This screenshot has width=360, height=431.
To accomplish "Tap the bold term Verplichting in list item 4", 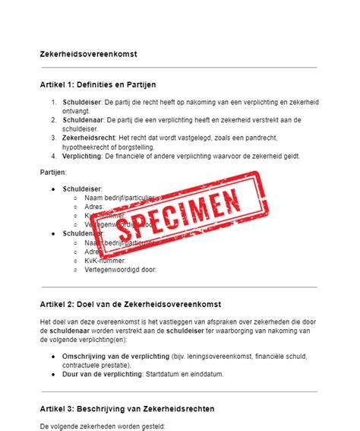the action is click(84, 156).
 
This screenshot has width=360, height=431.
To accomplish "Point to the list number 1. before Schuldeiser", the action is click(54, 102).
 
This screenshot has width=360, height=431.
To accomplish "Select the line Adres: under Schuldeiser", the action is click(94, 206).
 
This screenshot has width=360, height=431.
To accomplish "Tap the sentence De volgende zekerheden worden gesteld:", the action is click(102, 426).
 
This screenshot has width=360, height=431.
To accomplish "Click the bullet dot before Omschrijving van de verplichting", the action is click(52, 356).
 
